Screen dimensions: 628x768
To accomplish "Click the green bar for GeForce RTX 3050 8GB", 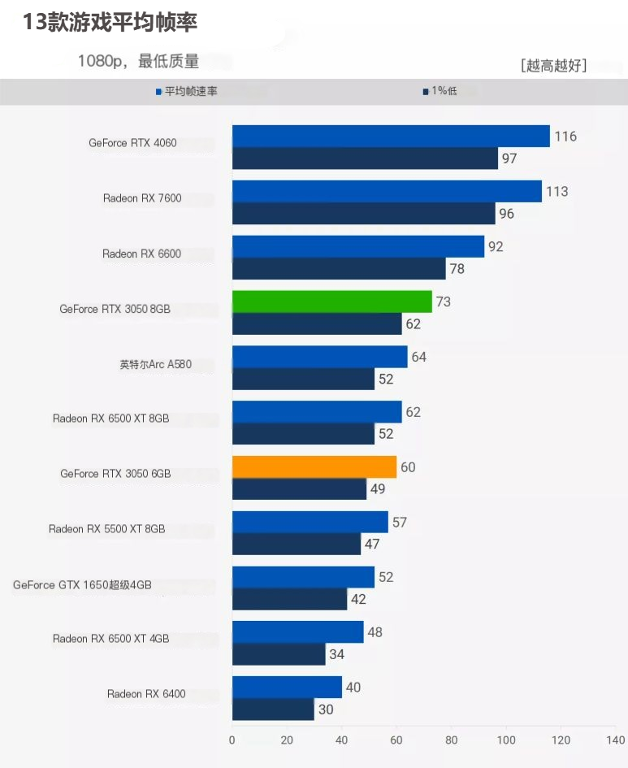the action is click(331, 302).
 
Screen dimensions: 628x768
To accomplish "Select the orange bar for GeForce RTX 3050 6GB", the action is click(314, 467).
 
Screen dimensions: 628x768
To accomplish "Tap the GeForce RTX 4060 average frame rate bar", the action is click(391, 137).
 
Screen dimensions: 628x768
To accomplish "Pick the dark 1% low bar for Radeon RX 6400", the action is click(273, 709).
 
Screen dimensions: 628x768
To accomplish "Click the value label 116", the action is click(565, 137).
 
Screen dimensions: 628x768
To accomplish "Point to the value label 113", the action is click(557, 192).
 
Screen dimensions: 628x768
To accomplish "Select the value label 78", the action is click(457, 268).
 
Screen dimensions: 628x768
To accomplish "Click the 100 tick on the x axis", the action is click(505, 740).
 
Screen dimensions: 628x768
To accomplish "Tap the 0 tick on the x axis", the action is click(232, 740).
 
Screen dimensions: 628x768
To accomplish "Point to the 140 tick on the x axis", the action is click(615, 740).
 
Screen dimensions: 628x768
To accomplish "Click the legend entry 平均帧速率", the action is click(187, 91).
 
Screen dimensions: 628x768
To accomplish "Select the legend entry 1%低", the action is click(440, 91).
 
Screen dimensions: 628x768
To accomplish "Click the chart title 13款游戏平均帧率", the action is click(110, 22).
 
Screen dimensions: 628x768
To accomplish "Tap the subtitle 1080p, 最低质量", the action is click(139, 61).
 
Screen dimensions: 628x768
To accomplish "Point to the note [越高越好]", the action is click(553, 65).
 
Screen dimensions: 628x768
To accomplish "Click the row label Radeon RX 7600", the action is click(142, 197).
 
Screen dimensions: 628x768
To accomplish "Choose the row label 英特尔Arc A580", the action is click(156, 364).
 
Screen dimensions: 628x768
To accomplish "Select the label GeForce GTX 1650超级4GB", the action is click(82, 585).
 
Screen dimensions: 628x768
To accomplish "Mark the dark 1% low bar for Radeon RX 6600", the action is click(339, 268).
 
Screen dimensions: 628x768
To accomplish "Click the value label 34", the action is click(337, 654).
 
